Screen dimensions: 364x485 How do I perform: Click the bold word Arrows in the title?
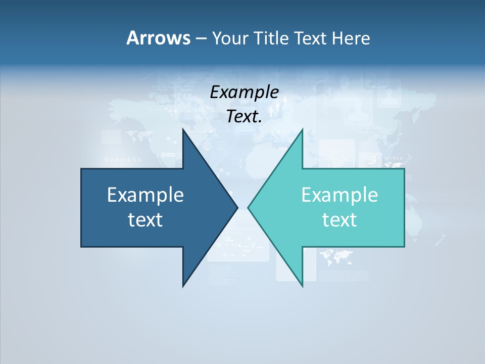[x=158, y=38]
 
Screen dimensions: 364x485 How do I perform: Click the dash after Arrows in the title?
[x=201, y=38]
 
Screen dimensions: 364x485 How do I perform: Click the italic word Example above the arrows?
[x=244, y=92]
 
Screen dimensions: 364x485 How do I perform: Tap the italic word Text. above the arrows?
[x=244, y=117]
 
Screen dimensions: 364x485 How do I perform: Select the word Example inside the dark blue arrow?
[x=145, y=195]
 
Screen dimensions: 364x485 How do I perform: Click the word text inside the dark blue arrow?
[x=145, y=219]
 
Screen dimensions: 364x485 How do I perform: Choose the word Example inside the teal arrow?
[x=339, y=195]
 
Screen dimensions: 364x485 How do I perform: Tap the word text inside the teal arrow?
[x=339, y=219]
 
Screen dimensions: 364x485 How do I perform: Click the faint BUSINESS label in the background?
[x=123, y=160]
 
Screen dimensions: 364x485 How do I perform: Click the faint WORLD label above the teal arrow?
[x=394, y=158]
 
